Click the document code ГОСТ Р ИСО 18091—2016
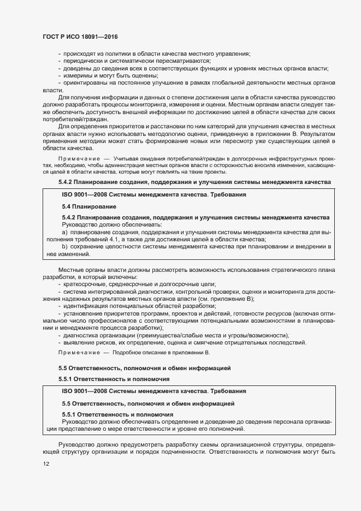click(x=80, y=37)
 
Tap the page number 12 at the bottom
click(x=45, y=464)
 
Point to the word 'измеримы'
click(x=76, y=76)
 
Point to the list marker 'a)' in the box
click(x=65, y=232)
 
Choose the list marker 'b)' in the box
click(x=65, y=247)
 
